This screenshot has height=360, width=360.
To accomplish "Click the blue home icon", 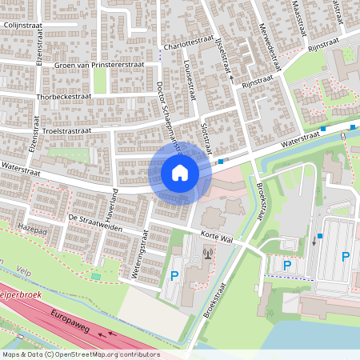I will pos(179,173).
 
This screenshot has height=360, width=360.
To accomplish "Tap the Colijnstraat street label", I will pos(23,26).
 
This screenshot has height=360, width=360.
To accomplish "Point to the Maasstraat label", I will pos(302,16).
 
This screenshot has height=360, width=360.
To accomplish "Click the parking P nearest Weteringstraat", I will pos(174,277).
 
